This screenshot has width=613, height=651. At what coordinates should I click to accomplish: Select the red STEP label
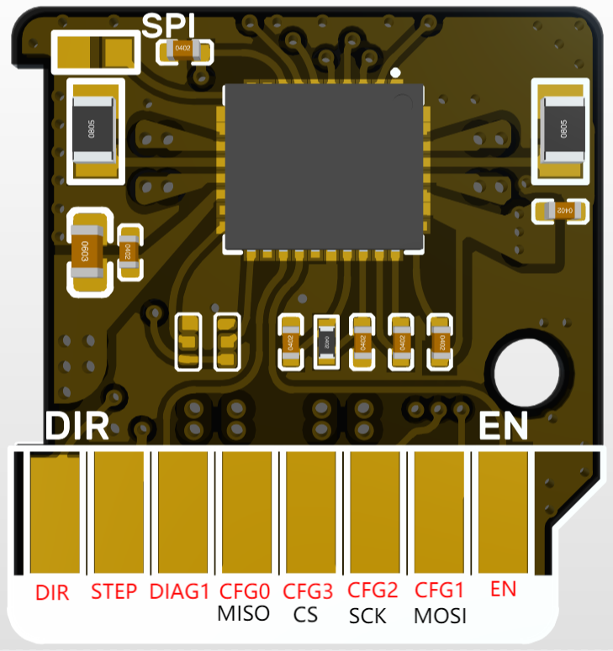click(x=114, y=591)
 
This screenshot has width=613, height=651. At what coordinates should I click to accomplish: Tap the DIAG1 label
click(x=179, y=591)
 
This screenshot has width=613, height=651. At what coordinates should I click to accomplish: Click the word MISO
click(x=244, y=613)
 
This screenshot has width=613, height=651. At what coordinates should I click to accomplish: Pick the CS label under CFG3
click(x=306, y=614)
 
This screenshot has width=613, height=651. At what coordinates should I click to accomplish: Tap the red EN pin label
click(x=502, y=590)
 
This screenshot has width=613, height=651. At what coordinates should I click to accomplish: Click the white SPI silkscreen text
click(x=172, y=26)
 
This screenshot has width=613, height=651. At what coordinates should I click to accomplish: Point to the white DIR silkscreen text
click(x=77, y=427)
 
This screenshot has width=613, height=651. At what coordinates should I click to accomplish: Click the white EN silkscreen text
click(x=503, y=427)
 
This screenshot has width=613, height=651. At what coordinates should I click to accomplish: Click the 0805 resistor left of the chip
click(x=91, y=130)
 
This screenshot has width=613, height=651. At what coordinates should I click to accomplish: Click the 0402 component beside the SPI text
click(x=184, y=50)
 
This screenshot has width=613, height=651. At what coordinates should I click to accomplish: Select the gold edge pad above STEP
click(x=118, y=512)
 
